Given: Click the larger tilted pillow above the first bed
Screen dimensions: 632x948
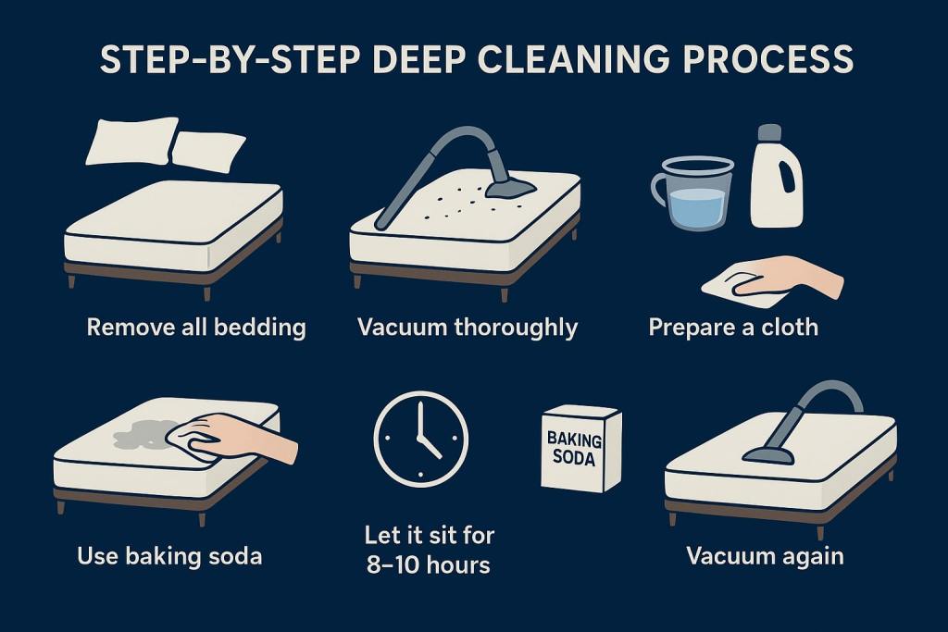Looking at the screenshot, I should (x=131, y=140).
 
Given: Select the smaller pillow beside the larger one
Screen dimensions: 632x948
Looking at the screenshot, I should (x=208, y=150).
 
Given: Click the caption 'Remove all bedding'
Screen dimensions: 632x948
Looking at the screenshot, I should (x=195, y=327).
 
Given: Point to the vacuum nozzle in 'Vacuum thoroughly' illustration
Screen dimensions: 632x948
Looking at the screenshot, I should (x=507, y=188).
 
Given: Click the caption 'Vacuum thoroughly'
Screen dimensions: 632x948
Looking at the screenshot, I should (x=468, y=327).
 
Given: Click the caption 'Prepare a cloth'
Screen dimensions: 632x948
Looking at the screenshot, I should (x=732, y=327).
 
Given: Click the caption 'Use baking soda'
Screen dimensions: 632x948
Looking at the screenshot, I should (x=169, y=556).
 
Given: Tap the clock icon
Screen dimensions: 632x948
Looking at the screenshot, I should (x=420, y=438).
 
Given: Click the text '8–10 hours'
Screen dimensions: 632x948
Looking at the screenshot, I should (x=429, y=564).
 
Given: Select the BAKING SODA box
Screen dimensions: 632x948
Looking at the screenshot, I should (x=580, y=448).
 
